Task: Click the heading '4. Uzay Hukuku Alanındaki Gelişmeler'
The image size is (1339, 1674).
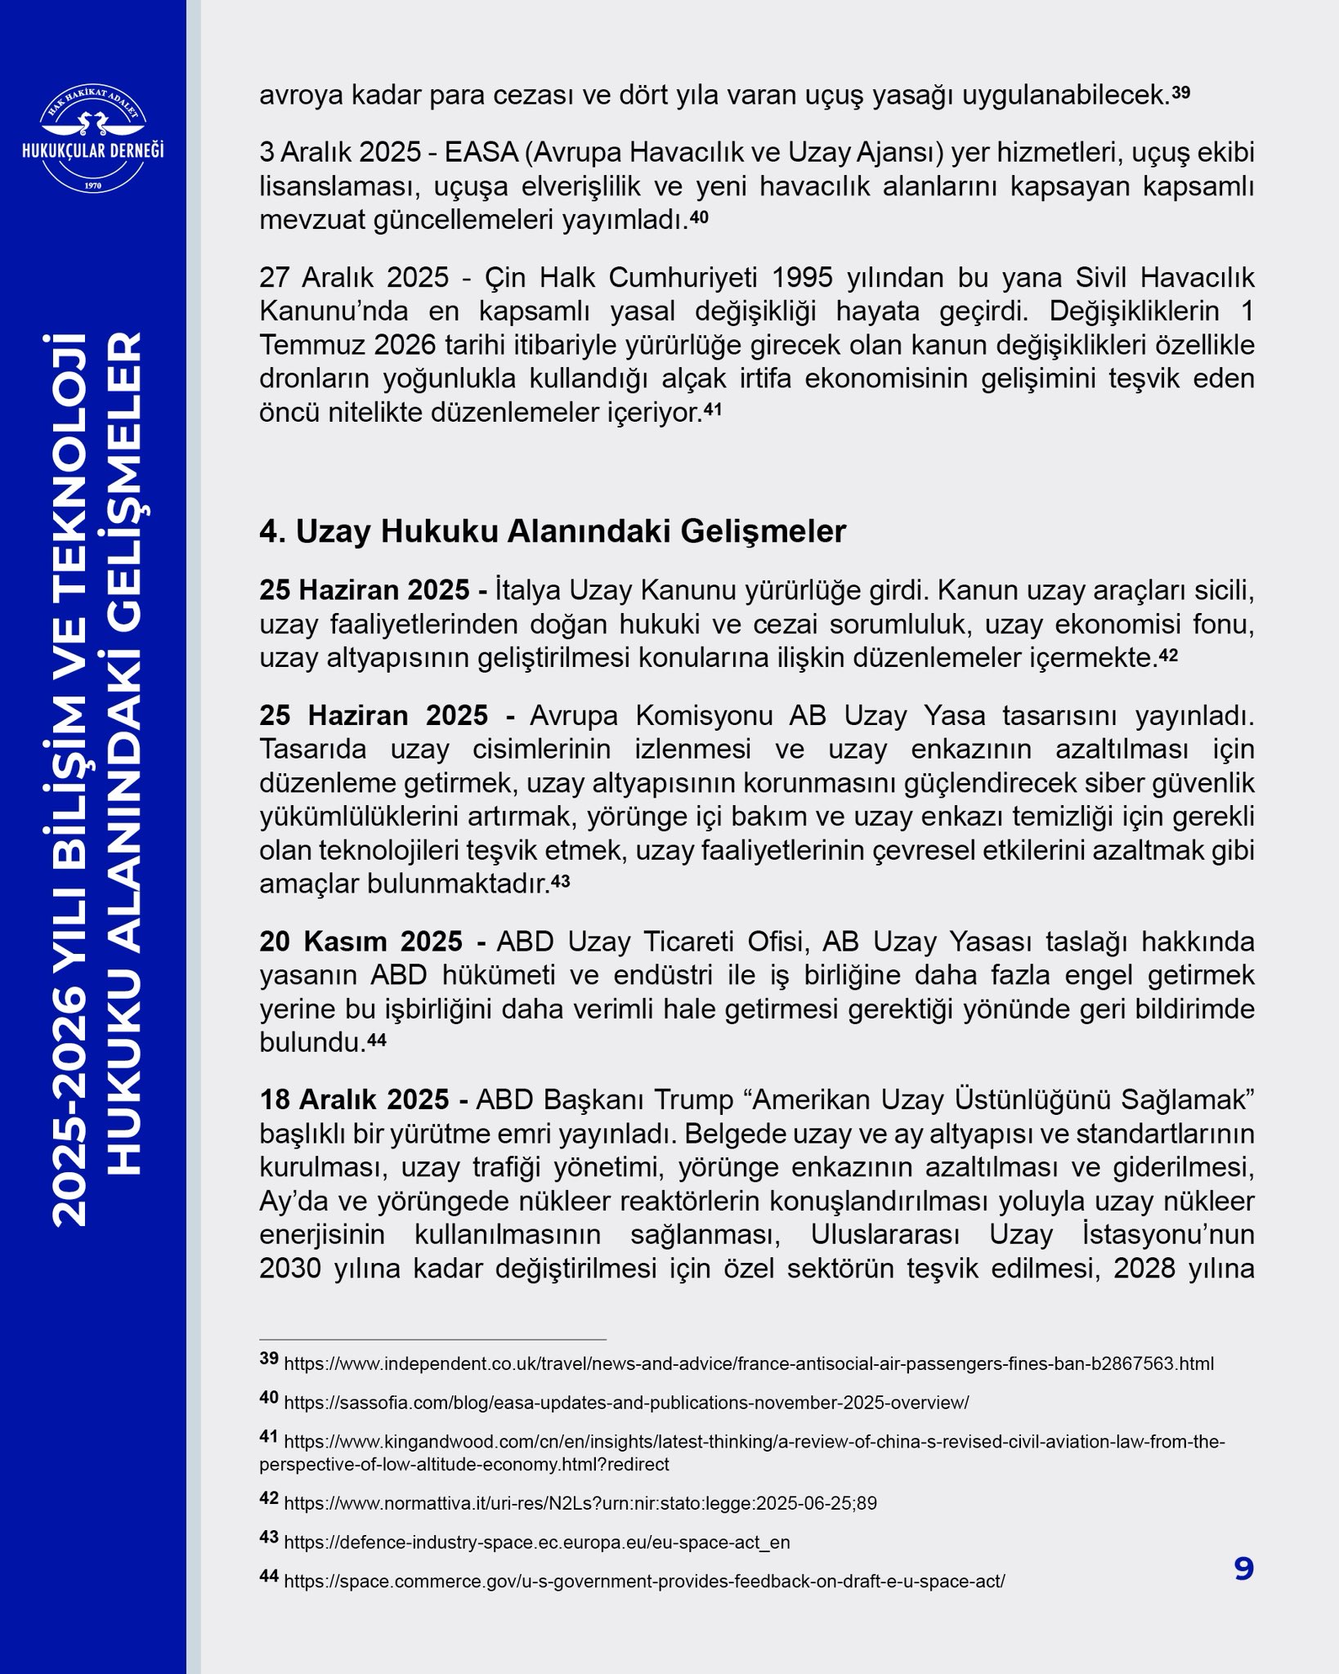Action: click(x=553, y=531)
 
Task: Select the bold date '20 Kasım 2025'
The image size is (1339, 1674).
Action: click(x=360, y=942)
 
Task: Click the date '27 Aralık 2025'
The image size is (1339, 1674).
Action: click(x=354, y=278)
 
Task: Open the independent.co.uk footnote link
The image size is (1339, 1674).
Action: click(x=748, y=1364)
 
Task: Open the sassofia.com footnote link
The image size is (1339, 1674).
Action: click(x=625, y=1403)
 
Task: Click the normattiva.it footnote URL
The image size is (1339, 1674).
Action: click(x=580, y=1503)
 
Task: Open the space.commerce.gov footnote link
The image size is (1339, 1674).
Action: click(x=643, y=1582)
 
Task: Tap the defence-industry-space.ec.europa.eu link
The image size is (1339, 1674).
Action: click(x=536, y=1542)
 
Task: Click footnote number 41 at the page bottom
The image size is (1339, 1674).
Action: click(x=269, y=1437)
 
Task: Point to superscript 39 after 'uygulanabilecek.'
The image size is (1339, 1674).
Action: click(x=1181, y=93)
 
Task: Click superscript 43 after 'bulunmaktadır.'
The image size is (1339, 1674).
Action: click(x=560, y=881)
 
